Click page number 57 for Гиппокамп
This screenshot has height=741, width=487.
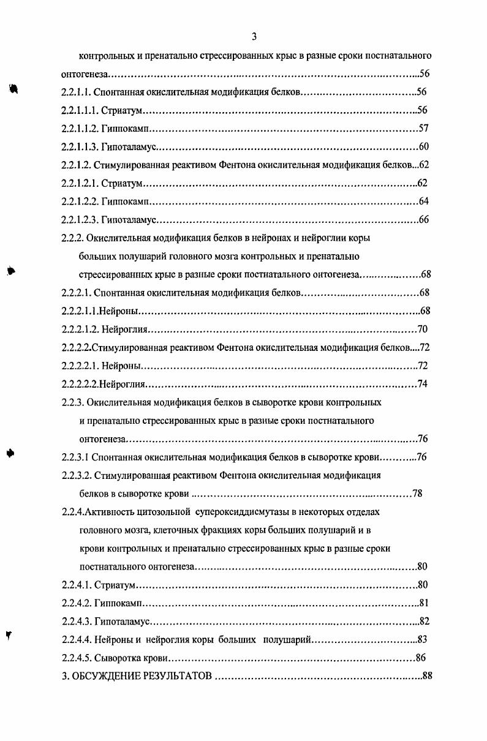click(423, 129)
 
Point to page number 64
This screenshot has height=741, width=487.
click(424, 201)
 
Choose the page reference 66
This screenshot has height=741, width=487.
click(424, 219)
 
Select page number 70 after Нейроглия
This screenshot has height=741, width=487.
click(422, 329)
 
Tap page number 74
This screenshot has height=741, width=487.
click(422, 384)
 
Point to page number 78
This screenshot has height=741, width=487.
click(417, 493)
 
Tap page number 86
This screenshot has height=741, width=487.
click(420, 658)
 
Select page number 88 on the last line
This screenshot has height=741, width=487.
click(427, 677)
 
